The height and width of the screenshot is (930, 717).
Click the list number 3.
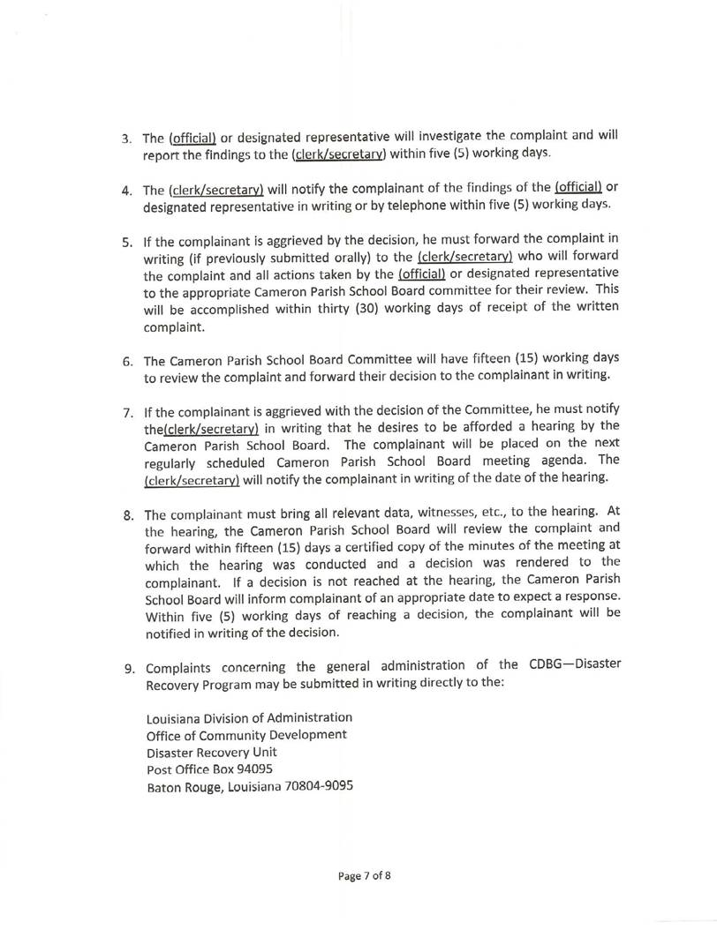(x=125, y=139)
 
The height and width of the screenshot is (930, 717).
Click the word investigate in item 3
(x=445, y=137)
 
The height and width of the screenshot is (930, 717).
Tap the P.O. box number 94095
(x=237, y=769)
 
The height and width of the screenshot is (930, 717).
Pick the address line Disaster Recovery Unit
(x=212, y=751)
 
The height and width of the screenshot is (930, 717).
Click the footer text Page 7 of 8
(x=364, y=877)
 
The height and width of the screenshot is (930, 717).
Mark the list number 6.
(x=126, y=360)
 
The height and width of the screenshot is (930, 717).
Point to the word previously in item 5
(x=234, y=258)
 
